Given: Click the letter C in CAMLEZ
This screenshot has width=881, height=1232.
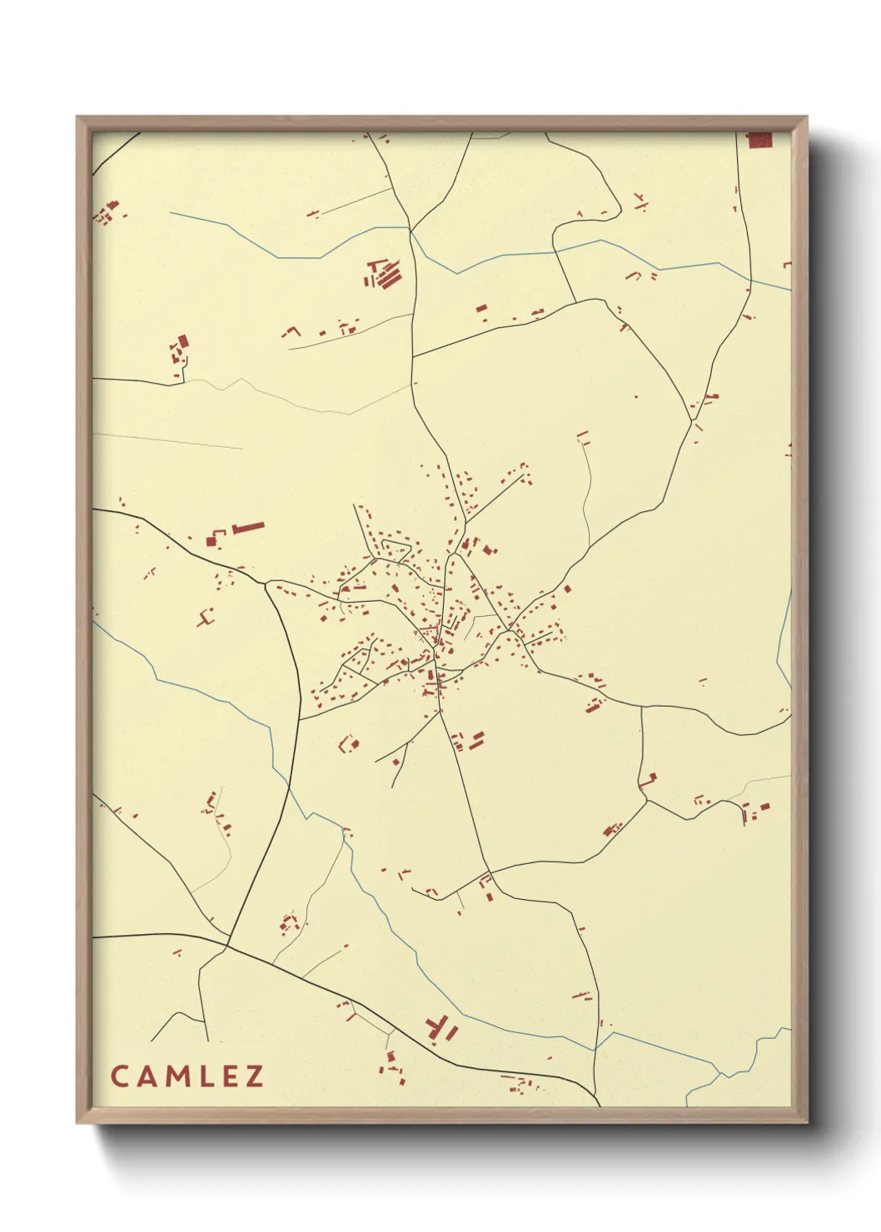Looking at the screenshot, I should pos(118,1076).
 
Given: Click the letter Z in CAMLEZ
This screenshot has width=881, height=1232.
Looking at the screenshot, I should pos(254,1076).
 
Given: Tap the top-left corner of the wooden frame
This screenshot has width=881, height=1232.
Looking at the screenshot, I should pos(78,117).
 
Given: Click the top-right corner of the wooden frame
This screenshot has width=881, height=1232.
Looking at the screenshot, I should pos(806,117).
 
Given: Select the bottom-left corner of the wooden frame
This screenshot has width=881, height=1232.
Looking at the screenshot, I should pos(78,1121).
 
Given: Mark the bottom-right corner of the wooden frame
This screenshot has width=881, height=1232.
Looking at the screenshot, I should pos(806,1121).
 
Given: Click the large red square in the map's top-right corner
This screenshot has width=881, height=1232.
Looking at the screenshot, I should pos(759,140).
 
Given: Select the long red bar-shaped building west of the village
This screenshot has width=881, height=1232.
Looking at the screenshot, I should pos(248,527).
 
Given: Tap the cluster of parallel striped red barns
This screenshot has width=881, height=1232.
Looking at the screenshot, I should pos(384,273).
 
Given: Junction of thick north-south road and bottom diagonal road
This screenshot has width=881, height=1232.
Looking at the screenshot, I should pos(227,946).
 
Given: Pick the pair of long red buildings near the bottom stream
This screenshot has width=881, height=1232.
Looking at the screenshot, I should pos(442,1029).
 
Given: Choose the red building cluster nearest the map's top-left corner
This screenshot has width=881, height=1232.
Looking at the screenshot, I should pos(107,211).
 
